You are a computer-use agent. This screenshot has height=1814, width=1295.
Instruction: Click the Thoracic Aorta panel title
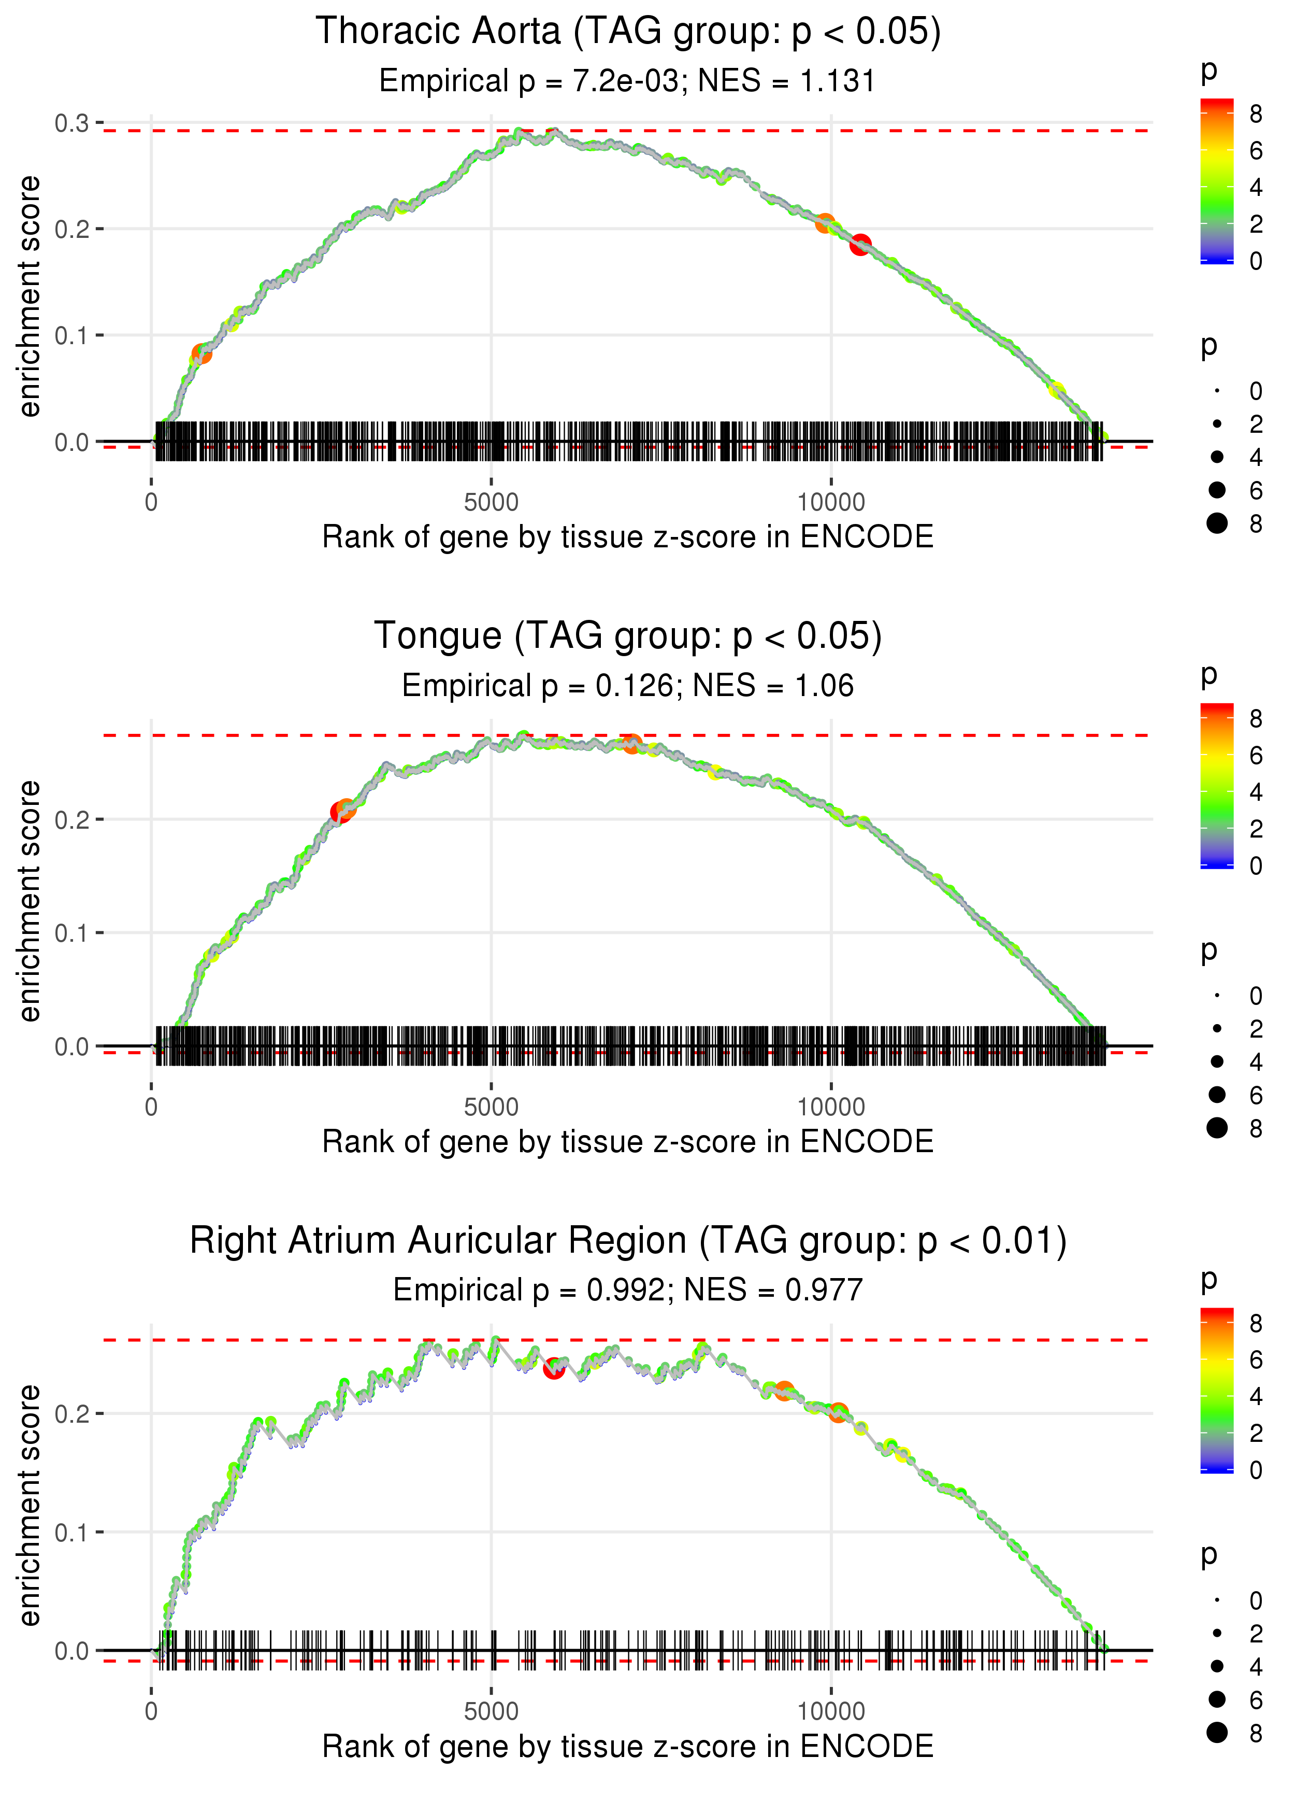[x=628, y=32]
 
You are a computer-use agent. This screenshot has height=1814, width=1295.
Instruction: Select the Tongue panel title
[x=628, y=636]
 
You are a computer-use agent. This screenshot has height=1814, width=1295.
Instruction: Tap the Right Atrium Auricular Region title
[x=628, y=1241]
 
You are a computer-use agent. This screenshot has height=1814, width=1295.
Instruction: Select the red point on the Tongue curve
[x=340, y=813]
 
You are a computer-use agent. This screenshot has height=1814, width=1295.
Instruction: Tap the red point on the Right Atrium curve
[x=553, y=1369]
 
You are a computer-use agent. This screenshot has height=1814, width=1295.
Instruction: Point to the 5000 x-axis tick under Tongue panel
[x=491, y=1107]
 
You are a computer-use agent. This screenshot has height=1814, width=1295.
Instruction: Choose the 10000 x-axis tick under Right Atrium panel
[x=831, y=1712]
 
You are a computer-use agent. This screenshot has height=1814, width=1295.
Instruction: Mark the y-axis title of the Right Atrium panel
[x=30, y=1505]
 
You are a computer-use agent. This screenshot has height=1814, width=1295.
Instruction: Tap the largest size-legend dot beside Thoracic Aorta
[x=1217, y=523]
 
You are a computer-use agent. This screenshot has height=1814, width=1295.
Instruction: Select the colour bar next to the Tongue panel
[x=1216, y=786]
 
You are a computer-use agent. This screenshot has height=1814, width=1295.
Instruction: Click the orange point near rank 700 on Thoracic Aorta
[x=202, y=354]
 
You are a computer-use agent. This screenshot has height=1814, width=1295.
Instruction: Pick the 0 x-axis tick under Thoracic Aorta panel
[x=151, y=503]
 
